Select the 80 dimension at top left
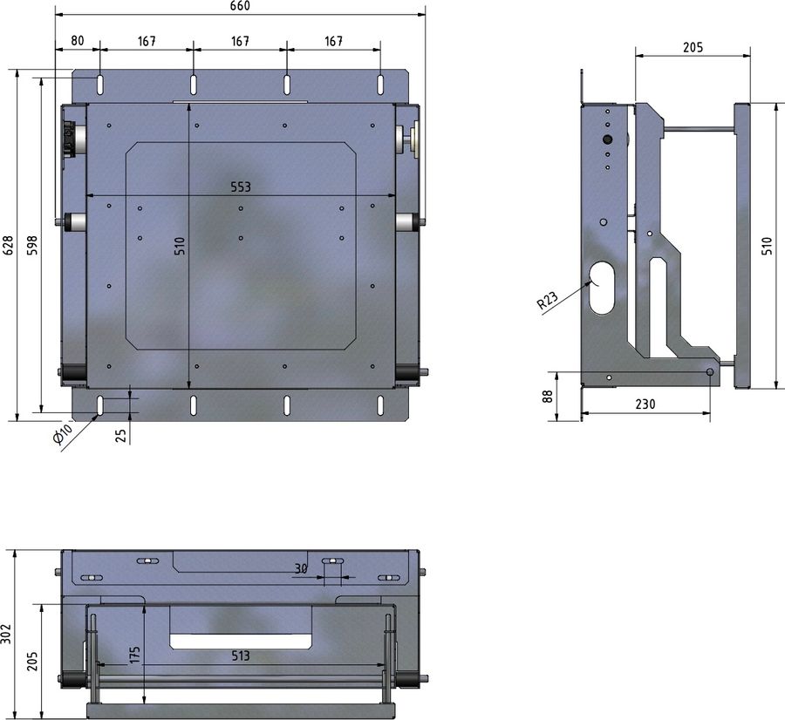(x=78, y=41)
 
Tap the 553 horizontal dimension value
(x=241, y=187)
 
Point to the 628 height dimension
(x=8, y=246)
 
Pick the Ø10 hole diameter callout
(x=64, y=433)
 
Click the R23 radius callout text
(x=547, y=302)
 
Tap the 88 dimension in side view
(x=547, y=396)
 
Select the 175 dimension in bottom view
(x=134, y=655)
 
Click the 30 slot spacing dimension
(x=301, y=568)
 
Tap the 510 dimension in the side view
(x=767, y=246)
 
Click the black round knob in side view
(x=608, y=139)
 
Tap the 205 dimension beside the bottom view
(x=33, y=660)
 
